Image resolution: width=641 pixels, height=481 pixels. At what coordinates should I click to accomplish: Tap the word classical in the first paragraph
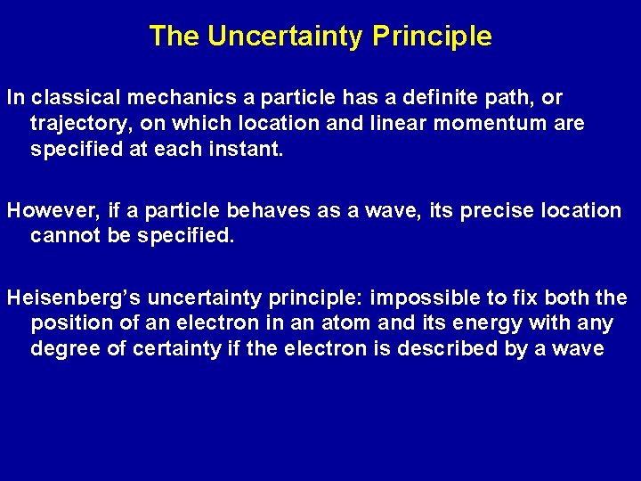[x=65, y=97]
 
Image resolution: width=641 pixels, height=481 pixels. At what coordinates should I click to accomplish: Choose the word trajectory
[x=77, y=124]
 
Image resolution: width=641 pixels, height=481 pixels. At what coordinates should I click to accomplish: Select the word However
[x=50, y=211]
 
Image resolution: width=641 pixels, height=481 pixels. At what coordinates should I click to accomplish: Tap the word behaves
[x=265, y=211]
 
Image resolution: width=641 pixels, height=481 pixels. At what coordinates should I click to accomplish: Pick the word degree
[x=66, y=349]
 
